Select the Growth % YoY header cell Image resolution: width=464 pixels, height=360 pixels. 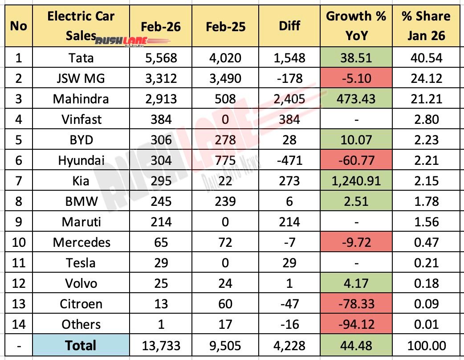tap(355, 26)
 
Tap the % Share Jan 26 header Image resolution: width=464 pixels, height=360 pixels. tap(426, 26)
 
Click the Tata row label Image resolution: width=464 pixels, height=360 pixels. tap(81, 57)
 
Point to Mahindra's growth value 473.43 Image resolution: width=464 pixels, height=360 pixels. tap(355, 98)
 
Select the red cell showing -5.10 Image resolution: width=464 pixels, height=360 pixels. tap(355, 78)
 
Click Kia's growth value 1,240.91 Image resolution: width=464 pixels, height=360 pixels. tap(355, 180)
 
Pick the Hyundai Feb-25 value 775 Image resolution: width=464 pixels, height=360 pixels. tap(225, 160)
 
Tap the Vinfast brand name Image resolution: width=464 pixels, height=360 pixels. tap(81, 119)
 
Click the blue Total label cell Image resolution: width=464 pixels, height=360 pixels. tap(81, 345)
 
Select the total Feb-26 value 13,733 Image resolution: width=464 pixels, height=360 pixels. tap(162, 345)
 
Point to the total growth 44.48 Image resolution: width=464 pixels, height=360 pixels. tap(355, 345)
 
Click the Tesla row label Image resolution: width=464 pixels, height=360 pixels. tap(81, 262)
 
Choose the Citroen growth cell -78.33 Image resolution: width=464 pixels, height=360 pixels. tap(355, 304)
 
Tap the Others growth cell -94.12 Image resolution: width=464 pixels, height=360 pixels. tap(355, 324)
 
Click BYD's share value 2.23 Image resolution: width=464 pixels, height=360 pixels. tap(426, 139)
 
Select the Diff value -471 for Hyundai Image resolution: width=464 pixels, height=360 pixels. tap(289, 160)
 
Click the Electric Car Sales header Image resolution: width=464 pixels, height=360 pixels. tap(81, 26)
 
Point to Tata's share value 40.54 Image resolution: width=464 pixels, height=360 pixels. tap(426, 57)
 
